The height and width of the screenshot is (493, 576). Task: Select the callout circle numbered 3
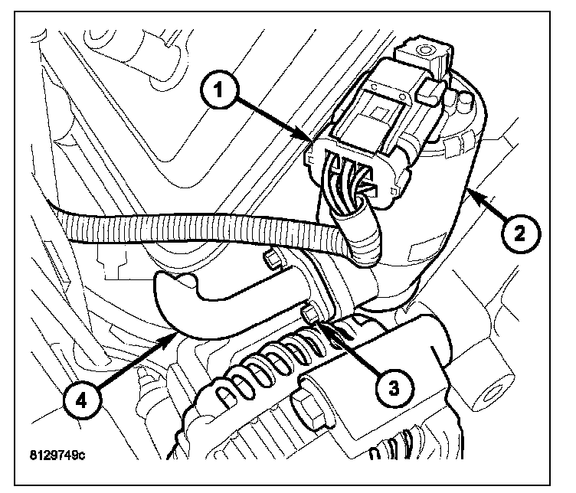click(x=393, y=387)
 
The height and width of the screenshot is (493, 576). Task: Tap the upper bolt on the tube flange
click(x=270, y=258)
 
